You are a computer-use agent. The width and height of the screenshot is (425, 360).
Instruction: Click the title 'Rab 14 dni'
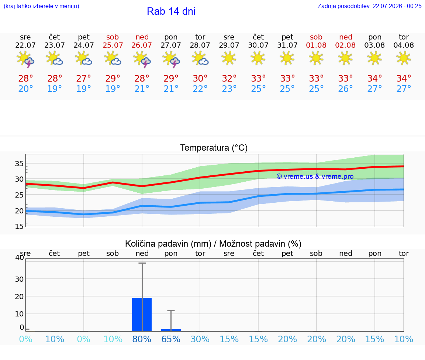point(171,11)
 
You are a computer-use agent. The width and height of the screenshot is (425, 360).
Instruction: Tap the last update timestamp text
point(369,6)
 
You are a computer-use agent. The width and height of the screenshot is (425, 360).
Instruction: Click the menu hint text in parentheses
point(41,6)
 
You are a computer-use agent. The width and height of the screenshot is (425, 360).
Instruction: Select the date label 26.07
point(142,45)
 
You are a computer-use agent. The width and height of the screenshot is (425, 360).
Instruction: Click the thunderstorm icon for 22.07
point(25,59)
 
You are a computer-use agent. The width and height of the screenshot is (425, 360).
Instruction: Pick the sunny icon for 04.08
point(404,58)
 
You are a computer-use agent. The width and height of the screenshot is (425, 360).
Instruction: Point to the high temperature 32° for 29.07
point(229,79)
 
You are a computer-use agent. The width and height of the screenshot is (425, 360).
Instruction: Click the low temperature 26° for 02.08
point(345,89)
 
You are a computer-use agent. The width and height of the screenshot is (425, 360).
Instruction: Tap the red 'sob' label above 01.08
point(316,37)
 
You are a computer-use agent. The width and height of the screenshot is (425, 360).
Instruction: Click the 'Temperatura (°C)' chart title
point(214,148)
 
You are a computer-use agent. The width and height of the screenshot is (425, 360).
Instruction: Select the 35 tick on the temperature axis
point(19,164)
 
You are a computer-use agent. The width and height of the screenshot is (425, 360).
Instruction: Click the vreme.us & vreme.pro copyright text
point(315,176)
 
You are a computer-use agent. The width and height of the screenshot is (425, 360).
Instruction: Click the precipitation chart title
point(213,244)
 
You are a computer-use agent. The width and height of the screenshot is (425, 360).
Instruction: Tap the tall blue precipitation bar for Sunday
point(142,315)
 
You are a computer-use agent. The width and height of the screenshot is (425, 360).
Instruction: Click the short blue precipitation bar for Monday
point(171,330)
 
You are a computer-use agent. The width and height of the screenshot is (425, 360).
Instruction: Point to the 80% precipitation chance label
point(142,339)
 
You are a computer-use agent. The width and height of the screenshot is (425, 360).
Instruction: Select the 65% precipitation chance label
point(171,339)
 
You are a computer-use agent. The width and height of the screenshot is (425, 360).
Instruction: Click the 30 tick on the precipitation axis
point(19,279)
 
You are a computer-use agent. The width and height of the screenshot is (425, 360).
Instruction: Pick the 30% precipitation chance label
point(200,339)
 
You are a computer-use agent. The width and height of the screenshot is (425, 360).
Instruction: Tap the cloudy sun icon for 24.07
point(83,59)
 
